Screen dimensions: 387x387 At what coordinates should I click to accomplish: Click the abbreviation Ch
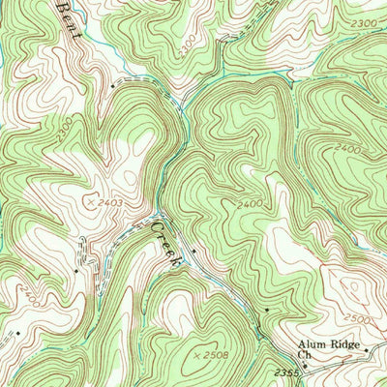coord(304,356)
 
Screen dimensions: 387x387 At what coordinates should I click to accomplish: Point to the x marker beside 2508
coord(195,356)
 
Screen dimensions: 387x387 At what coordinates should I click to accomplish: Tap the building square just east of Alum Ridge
coord(367,345)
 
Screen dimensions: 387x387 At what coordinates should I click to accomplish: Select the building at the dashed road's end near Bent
coord(113,85)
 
